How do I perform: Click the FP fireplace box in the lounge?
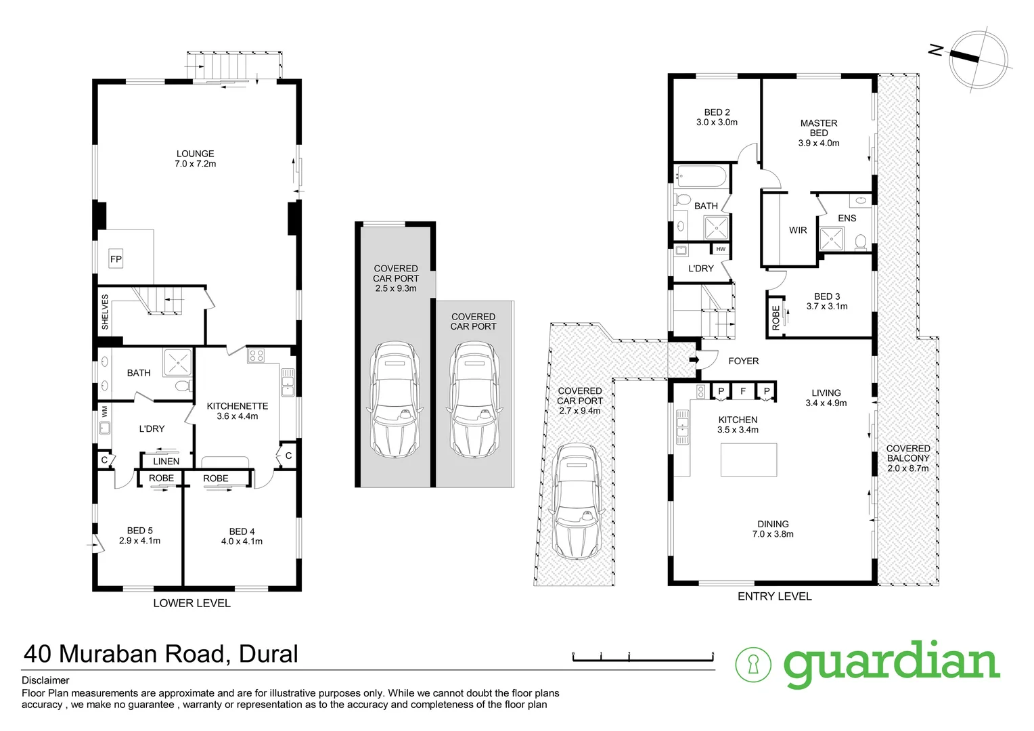click(x=116, y=259)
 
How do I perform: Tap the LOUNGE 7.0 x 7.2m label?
click(x=196, y=158)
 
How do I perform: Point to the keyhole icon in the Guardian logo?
click(x=753, y=665)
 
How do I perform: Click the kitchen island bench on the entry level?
click(x=748, y=460)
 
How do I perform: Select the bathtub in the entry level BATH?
click(x=702, y=177)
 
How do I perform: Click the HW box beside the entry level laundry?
click(x=721, y=250)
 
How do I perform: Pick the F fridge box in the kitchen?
click(x=743, y=391)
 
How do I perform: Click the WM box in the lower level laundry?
click(x=104, y=412)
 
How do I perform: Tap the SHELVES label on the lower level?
click(x=105, y=311)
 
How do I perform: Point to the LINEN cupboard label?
click(x=166, y=462)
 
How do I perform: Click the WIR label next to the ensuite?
click(x=798, y=230)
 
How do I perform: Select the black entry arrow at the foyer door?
click(x=693, y=359)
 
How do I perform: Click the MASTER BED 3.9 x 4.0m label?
click(x=819, y=133)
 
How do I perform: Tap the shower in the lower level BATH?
click(x=178, y=361)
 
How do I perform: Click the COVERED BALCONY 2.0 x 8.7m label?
click(x=908, y=458)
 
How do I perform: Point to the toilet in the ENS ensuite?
click(x=861, y=242)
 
